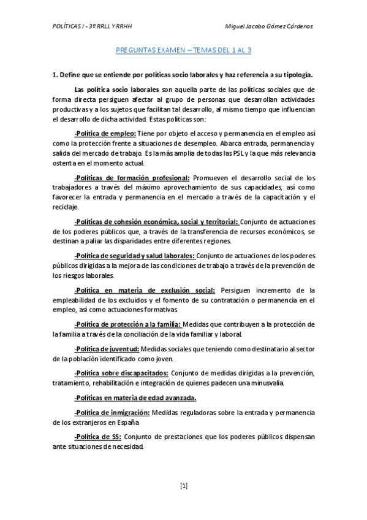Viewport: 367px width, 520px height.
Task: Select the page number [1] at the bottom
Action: point(184,486)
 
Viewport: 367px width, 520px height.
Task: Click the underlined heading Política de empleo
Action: point(105,134)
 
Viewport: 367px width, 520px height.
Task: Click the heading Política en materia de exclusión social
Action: point(145,290)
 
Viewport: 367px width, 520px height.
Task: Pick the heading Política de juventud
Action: point(102,346)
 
